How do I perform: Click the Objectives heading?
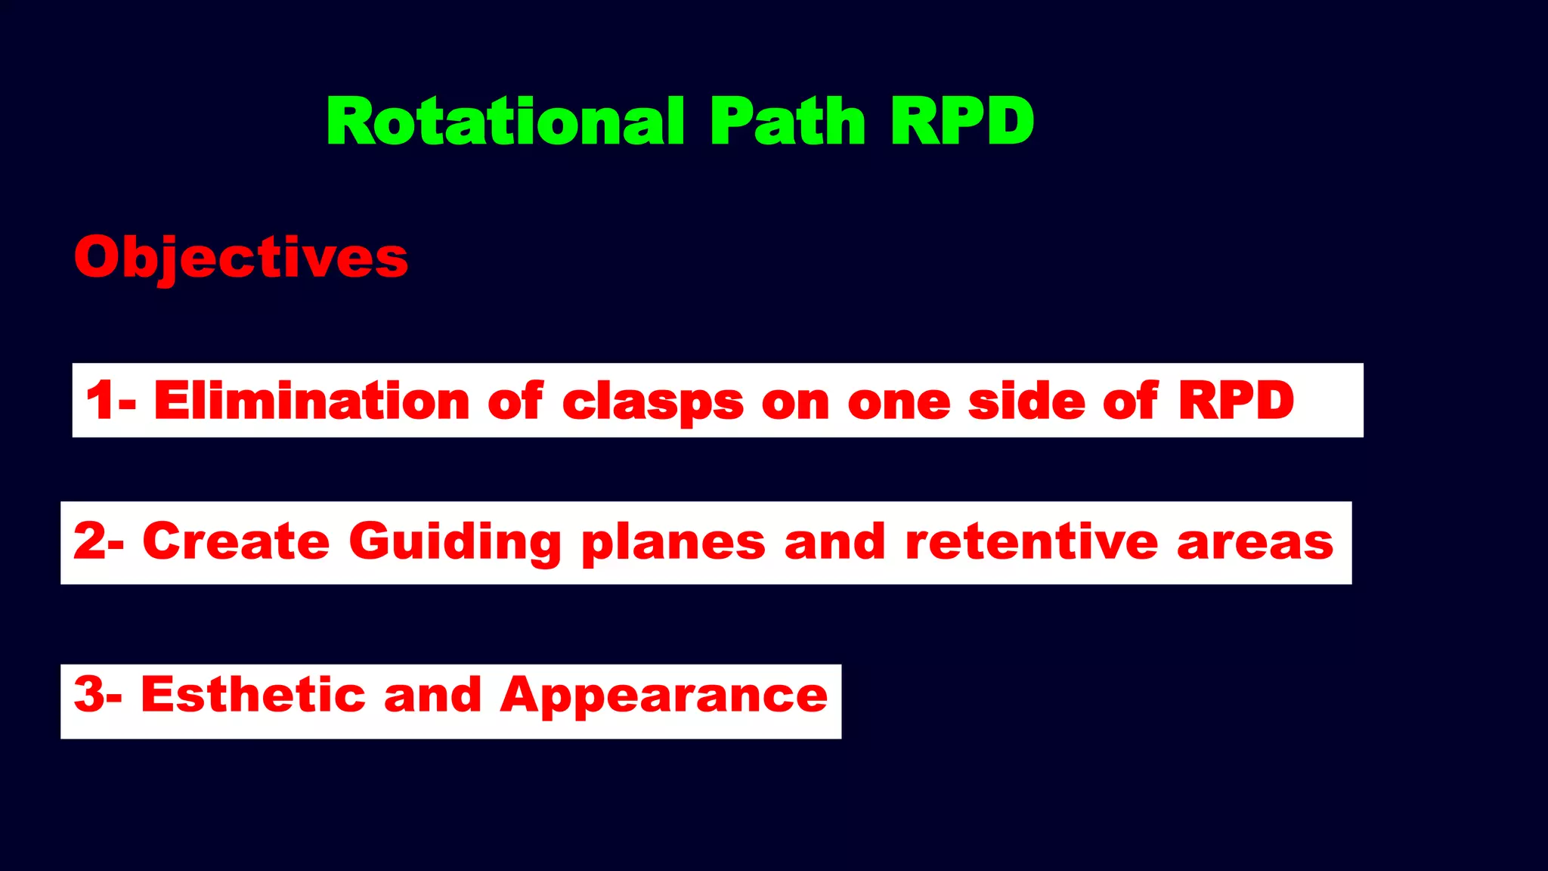(x=241, y=258)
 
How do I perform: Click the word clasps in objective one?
(x=653, y=401)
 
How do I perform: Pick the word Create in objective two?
(x=236, y=542)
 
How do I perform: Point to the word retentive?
(x=1032, y=542)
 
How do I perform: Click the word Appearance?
(x=664, y=696)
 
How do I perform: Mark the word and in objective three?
(x=432, y=694)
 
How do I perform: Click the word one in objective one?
(x=899, y=401)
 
